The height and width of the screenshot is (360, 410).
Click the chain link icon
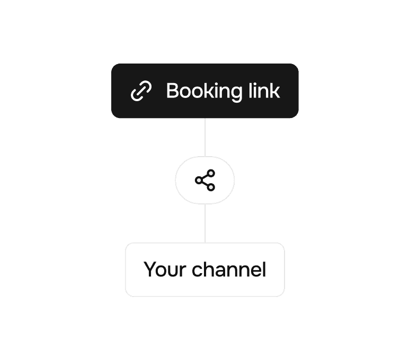coord(141,91)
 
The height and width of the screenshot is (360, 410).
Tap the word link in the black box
coord(264,91)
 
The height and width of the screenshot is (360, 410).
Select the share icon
coord(205,181)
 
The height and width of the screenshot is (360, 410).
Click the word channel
coord(229,270)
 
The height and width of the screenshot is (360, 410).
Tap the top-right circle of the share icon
coord(211,174)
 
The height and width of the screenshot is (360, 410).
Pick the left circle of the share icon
coord(199,181)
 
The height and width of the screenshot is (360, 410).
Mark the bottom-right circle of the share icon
coord(211,187)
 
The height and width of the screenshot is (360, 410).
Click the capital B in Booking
coord(172,91)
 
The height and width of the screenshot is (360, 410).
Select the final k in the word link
coord(274,91)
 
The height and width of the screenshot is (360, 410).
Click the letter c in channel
coord(197,271)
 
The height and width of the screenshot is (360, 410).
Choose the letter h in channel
coord(208,269)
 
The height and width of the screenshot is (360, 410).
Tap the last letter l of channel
coord(263,269)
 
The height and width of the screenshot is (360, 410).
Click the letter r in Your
coord(183,271)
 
